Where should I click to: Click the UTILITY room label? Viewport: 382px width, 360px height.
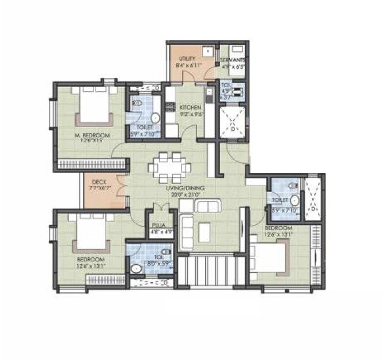coord(187,59)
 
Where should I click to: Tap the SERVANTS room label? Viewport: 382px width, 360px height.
coord(233,60)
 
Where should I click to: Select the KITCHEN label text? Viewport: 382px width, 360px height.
coord(190,108)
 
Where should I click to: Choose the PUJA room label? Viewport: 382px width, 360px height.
coord(158,227)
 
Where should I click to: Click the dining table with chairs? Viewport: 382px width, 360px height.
coord(169,167)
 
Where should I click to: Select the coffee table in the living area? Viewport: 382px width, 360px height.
coord(205,231)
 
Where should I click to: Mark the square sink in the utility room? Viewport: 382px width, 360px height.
coord(206,51)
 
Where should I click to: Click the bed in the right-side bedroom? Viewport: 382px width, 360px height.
coord(268,257)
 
